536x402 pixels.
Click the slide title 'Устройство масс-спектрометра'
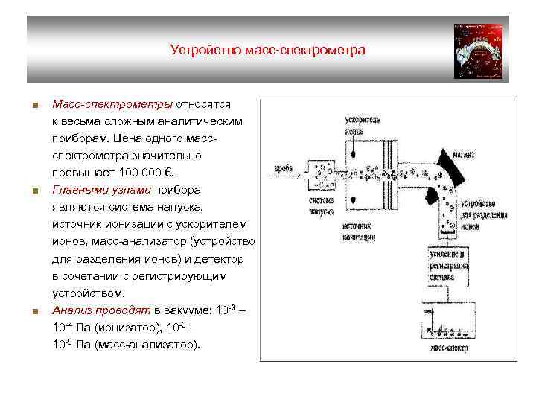click(267, 51)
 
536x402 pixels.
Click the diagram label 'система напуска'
click(321, 205)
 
